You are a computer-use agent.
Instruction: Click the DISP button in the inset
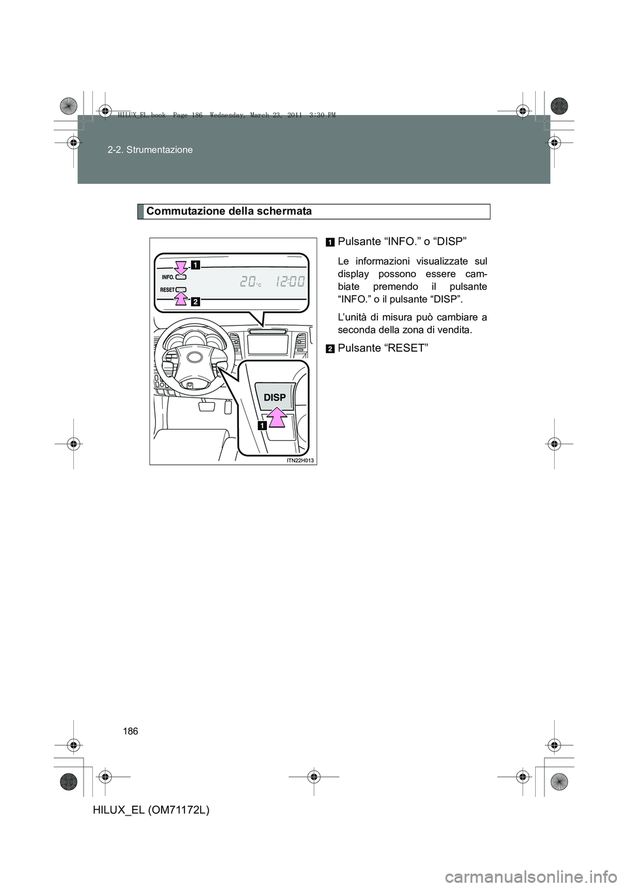275,396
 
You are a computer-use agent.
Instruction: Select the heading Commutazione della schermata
230,211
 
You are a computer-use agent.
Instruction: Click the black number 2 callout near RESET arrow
196,301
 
